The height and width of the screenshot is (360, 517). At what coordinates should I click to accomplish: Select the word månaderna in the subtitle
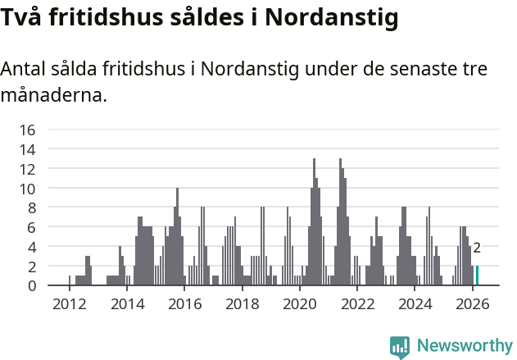coord(53,95)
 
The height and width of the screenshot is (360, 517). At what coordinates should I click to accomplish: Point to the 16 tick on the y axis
coord(27,130)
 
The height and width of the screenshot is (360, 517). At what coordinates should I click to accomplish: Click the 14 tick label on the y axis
coord(27,149)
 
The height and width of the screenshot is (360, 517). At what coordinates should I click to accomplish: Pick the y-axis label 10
coord(27,188)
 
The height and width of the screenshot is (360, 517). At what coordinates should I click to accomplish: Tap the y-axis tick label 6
coord(31,227)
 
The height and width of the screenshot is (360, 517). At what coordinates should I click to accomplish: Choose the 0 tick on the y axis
coord(31,285)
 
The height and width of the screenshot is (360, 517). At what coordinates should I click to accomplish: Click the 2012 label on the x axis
coord(69,303)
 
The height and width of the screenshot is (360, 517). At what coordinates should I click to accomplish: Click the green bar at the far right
coord(477,276)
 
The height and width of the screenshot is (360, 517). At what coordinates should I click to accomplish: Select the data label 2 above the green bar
coord(477,248)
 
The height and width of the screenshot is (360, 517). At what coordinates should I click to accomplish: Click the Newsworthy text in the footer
coord(465,345)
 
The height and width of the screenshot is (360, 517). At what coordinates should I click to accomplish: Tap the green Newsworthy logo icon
coord(400,347)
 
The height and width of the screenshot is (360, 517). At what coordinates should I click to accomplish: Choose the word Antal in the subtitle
coord(23,69)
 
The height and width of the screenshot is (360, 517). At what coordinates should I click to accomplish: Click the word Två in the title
coord(22,17)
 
